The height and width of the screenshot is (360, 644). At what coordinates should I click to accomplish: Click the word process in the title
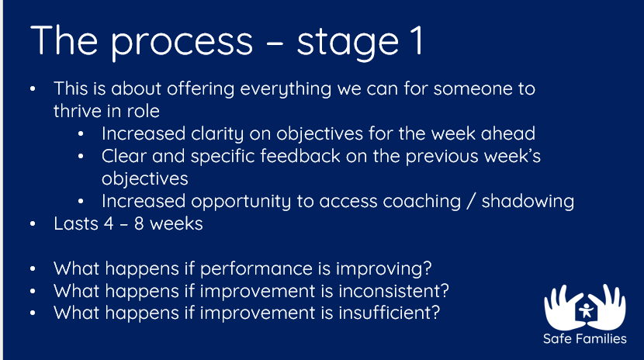coord(182,42)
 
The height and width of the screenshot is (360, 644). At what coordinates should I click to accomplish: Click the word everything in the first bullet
coord(286,89)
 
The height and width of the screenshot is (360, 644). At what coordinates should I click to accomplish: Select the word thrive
coord(81,111)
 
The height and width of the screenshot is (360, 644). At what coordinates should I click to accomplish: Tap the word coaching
coord(422,202)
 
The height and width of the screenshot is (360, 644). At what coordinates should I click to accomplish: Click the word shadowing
coord(528,202)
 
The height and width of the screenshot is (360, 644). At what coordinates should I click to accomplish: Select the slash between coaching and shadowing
coord(471,202)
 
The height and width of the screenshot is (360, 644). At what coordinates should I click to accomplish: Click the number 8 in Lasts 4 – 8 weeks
coord(139,223)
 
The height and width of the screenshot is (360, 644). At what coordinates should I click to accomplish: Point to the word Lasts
coord(76,223)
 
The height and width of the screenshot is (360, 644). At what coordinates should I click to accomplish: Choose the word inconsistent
coord(393,291)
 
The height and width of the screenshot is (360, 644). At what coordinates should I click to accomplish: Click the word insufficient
coord(389,313)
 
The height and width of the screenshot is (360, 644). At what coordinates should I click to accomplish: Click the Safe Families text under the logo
coord(585,338)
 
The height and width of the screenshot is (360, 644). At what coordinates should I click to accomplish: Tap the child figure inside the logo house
coord(586,311)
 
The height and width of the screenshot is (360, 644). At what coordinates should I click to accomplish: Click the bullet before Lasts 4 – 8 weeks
coord(33,224)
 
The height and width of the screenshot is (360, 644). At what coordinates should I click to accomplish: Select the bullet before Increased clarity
coord(81,133)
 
